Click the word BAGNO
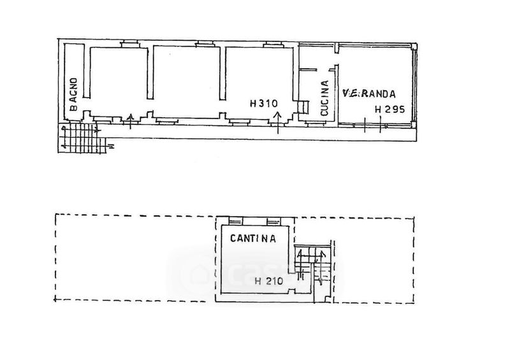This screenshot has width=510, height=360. click(x=73, y=94)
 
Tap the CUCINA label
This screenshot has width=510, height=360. click(x=324, y=98)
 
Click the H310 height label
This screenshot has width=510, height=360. click(x=263, y=103)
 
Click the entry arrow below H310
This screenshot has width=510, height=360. click(x=279, y=121)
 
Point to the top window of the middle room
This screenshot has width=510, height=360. click(x=205, y=44)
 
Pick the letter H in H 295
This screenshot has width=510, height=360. click(x=378, y=110)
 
